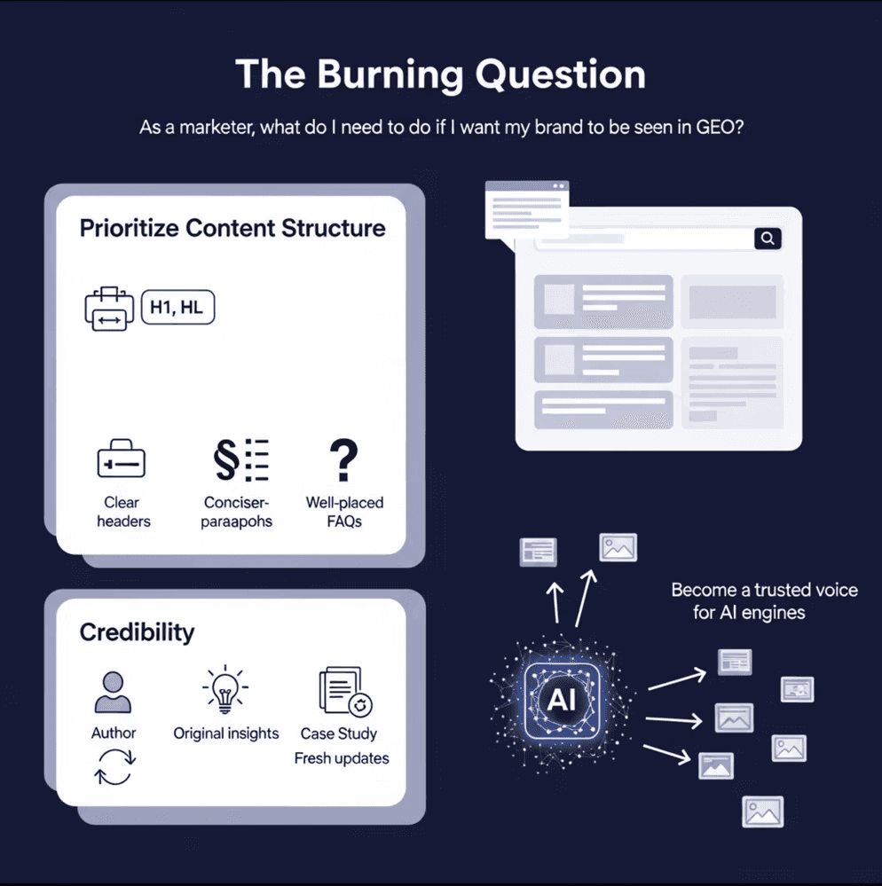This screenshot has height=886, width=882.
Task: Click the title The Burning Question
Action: coord(440,75)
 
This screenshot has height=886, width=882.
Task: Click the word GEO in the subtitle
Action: coord(706,127)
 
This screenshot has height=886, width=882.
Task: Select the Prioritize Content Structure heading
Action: coord(232,228)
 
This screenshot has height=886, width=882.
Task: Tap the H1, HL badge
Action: coord(177,308)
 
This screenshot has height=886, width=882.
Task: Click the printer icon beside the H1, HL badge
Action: coord(108,309)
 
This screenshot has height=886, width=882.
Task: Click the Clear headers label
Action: coord(122,512)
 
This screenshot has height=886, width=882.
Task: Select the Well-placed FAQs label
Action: coord(344,512)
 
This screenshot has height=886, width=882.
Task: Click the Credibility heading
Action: coord(137,632)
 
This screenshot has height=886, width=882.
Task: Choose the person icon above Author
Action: coord(114,693)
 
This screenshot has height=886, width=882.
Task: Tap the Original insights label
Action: coord(226,733)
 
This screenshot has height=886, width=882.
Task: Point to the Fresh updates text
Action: coord(342,758)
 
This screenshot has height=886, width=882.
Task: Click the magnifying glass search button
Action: coord(768,238)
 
